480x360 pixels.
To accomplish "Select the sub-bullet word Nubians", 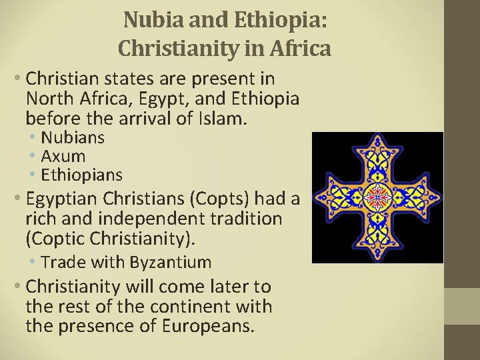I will coord(73,138).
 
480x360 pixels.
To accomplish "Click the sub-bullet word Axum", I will coord(63,157).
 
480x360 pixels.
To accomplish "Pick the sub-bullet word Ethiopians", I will coord(81,175).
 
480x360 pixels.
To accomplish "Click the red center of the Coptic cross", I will coord(377,196).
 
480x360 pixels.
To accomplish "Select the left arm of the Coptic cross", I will coord(332,196).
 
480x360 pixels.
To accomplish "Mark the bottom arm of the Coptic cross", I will coord(377,241).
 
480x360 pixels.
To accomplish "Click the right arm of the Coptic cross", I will coord(423,196).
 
